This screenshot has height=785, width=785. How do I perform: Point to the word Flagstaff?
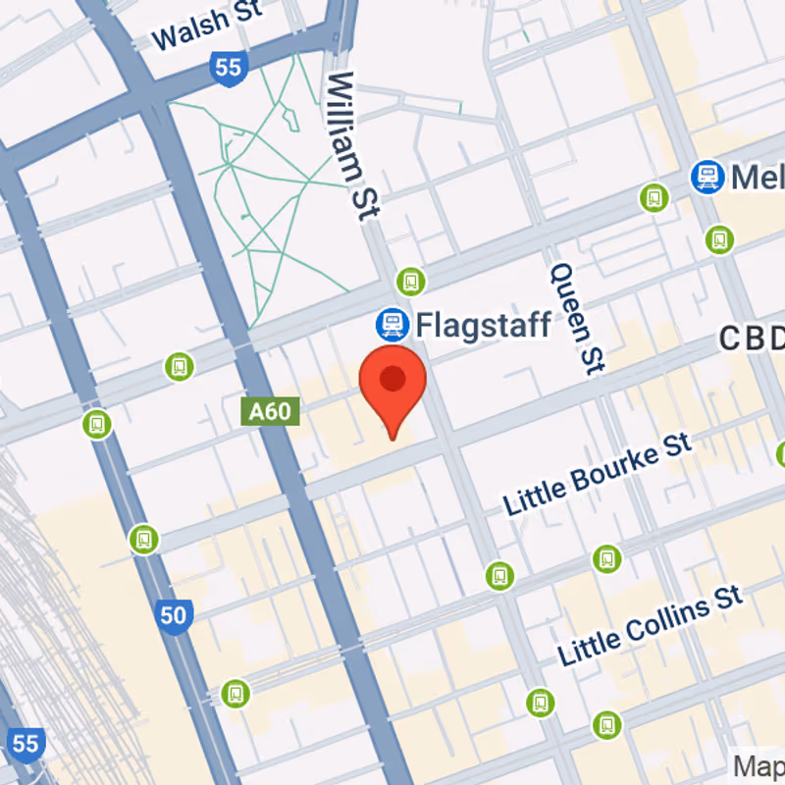tap(483, 324)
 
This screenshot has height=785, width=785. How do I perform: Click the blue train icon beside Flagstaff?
tap(392, 323)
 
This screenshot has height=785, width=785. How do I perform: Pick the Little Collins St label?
tap(650, 624)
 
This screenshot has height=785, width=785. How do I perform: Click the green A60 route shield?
tap(269, 410)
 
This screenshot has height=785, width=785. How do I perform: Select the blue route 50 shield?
tap(173, 615)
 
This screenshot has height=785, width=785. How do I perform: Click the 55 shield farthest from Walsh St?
tap(26, 743)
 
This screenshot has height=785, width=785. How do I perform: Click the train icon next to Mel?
tap(706, 177)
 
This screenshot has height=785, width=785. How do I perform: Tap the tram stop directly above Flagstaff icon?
tap(410, 282)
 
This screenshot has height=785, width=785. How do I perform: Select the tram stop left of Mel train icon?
tap(654, 198)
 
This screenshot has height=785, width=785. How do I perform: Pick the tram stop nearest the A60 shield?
tap(179, 366)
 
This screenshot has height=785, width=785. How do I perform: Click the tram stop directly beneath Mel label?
tap(719, 238)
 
